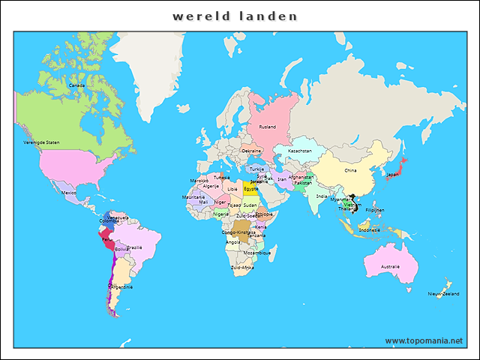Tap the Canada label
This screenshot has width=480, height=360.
(76, 85)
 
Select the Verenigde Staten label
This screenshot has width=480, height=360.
(41, 142)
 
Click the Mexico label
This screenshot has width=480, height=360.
(69, 193)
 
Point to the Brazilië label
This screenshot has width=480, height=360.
(135, 247)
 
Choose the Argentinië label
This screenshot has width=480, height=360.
(121, 286)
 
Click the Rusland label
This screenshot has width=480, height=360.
(268, 127)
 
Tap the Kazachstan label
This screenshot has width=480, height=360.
(299, 151)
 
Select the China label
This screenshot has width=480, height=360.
(351, 170)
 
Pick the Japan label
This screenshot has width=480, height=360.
(392, 174)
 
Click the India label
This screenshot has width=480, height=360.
(322, 196)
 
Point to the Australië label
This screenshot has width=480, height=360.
(390, 266)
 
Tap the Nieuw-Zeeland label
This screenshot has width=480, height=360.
(442, 293)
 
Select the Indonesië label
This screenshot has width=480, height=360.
(369, 230)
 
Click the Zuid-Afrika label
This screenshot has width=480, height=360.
(242, 267)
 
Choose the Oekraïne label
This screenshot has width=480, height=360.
(251, 151)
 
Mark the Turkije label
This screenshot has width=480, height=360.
(257, 169)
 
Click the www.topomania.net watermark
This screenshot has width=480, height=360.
(424, 340)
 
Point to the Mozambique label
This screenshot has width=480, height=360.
(257, 253)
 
